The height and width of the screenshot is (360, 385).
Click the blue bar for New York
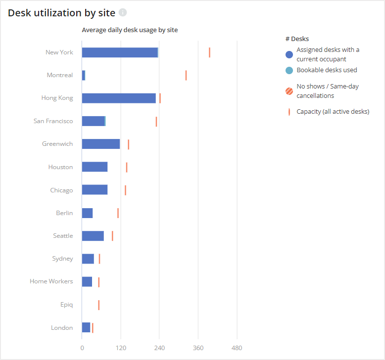click(x=120, y=52)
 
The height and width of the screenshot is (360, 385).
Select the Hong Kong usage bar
click(x=119, y=98)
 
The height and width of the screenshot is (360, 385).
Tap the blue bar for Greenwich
click(x=101, y=144)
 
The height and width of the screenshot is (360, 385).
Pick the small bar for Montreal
click(x=84, y=75)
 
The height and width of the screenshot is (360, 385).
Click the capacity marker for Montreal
click(x=186, y=75)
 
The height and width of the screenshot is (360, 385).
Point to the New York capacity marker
click(x=209, y=52)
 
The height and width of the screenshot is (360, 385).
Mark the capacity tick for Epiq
click(x=98, y=305)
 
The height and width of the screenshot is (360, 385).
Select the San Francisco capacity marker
click(x=156, y=121)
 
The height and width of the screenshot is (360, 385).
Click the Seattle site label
click(x=63, y=236)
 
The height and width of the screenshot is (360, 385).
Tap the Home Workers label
click(x=51, y=281)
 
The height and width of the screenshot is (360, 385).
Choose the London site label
click(x=62, y=327)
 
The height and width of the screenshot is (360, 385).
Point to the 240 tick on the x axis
click(x=159, y=348)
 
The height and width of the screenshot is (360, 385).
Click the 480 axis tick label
click(x=237, y=348)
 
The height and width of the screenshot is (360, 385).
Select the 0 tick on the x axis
click(x=82, y=348)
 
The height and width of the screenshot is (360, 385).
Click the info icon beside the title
click(x=123, y=12)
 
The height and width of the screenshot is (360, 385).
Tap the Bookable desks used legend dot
click(x=289, y=70)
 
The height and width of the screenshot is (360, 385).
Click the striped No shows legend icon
click(x=289, y=91)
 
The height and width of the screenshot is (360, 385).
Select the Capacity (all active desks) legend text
click(x=333, y=112)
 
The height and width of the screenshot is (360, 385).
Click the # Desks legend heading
click(x=297, y=39)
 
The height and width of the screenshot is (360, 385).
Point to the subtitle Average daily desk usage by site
click(x=130, y=30)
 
